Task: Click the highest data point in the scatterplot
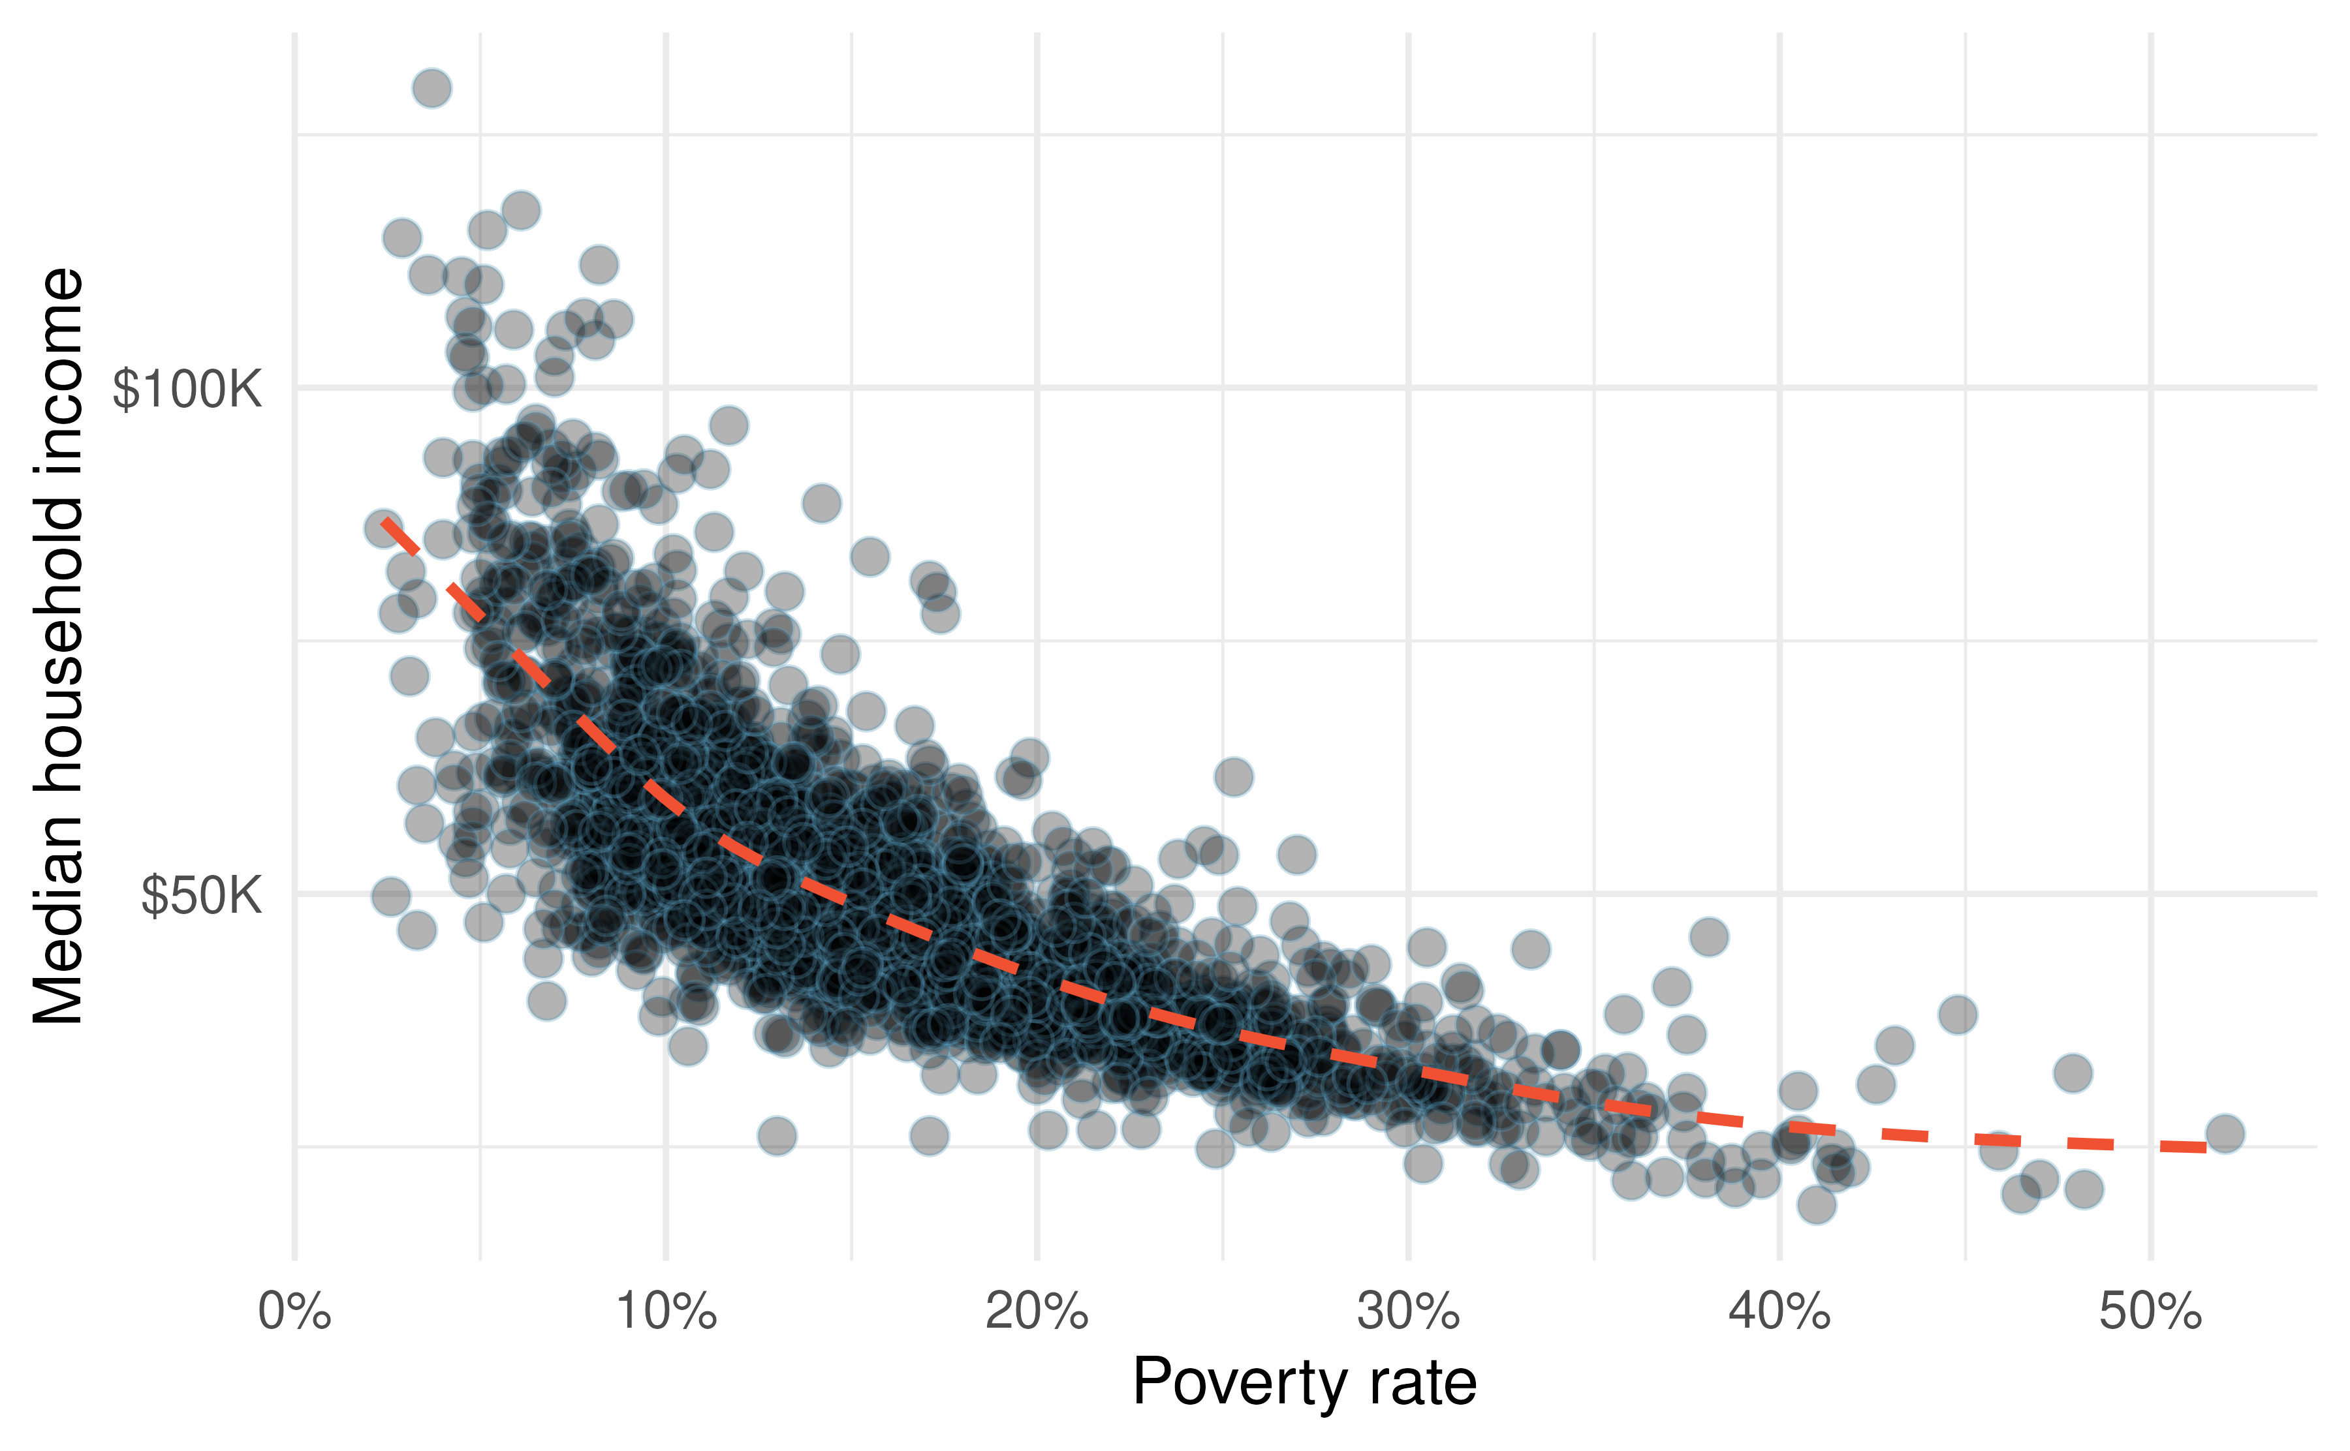(432, 88)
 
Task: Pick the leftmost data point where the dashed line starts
(384, 528)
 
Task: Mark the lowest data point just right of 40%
(1816, 1204)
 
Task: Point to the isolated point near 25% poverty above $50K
(1234, 776)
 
